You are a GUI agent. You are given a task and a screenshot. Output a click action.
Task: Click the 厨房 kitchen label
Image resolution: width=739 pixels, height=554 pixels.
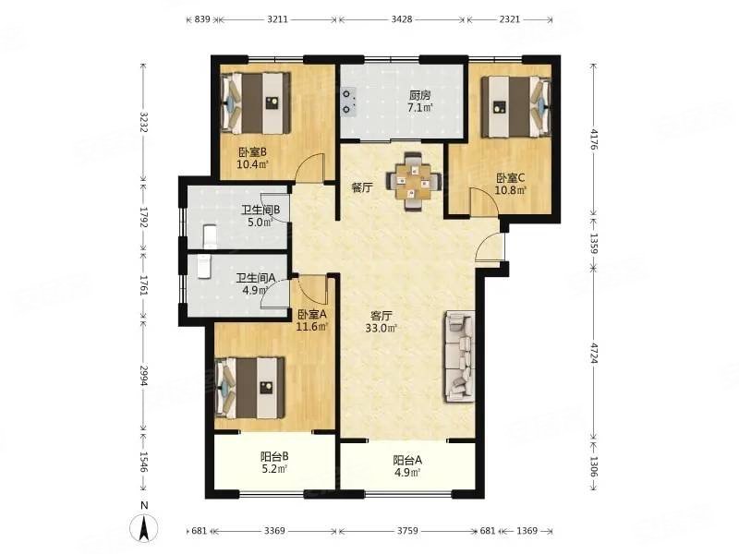[x=419, y=95]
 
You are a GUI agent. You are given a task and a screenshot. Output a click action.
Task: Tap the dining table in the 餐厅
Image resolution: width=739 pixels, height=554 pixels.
[x=413, y=181]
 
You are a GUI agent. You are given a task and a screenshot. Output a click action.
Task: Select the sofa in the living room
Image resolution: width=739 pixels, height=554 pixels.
[x=458, y=356]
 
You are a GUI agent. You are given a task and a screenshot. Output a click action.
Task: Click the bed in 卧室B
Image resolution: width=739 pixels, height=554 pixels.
[x=255, y=103]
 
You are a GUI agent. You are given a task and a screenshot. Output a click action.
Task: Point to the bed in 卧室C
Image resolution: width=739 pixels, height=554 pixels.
[x=516, y=106]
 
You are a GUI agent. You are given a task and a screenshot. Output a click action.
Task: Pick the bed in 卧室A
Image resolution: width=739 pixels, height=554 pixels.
[x=249, y=388]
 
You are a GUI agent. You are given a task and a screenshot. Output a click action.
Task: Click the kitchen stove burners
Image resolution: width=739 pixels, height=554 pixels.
[x=349, y=102]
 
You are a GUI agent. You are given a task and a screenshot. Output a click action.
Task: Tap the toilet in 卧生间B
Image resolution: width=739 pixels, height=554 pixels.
[x=210, y=237]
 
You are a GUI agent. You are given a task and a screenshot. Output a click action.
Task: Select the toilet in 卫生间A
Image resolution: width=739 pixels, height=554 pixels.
[x=203, y=267]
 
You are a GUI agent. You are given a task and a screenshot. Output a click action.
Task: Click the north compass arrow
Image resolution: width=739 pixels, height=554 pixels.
[x=144, y=527]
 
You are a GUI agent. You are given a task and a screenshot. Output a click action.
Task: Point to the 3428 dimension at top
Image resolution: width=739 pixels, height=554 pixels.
[x=402, y=19]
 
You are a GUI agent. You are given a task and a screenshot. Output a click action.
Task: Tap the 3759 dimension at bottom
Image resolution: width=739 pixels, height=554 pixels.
[x=407, y=530]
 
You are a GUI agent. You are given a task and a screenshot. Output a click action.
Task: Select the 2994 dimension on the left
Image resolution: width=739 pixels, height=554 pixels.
[x=144, y=376]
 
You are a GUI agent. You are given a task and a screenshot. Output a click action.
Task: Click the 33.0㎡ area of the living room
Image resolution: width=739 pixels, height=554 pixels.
[x=382, y=328]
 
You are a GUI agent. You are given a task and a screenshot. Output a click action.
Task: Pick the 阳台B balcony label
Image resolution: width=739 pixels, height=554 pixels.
[x=274, y=456]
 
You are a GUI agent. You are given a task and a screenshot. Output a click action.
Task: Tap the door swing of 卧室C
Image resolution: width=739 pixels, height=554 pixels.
[x=483, y=200]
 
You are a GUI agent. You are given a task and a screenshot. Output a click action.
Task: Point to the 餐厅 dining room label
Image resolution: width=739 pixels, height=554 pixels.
[x=362, y=188]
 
